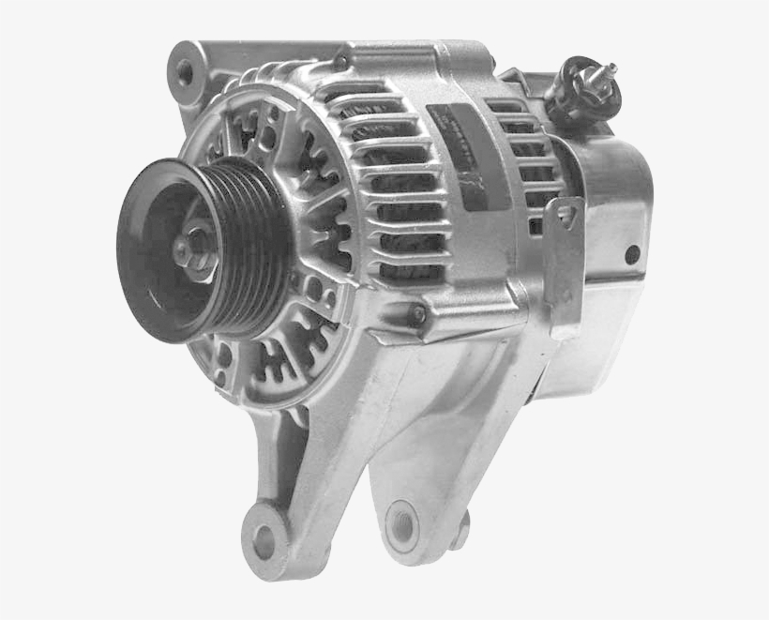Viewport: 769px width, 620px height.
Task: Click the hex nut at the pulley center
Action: [195, 247]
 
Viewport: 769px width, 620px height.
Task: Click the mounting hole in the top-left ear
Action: [185, 71]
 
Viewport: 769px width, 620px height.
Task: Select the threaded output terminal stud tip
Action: [612, 68]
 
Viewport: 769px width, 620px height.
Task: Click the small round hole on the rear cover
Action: [632, 253]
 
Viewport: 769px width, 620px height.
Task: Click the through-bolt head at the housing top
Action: [341, 63]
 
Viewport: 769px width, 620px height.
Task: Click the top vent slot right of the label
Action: [506, 105]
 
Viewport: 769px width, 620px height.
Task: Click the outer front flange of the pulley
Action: [150, 249]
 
